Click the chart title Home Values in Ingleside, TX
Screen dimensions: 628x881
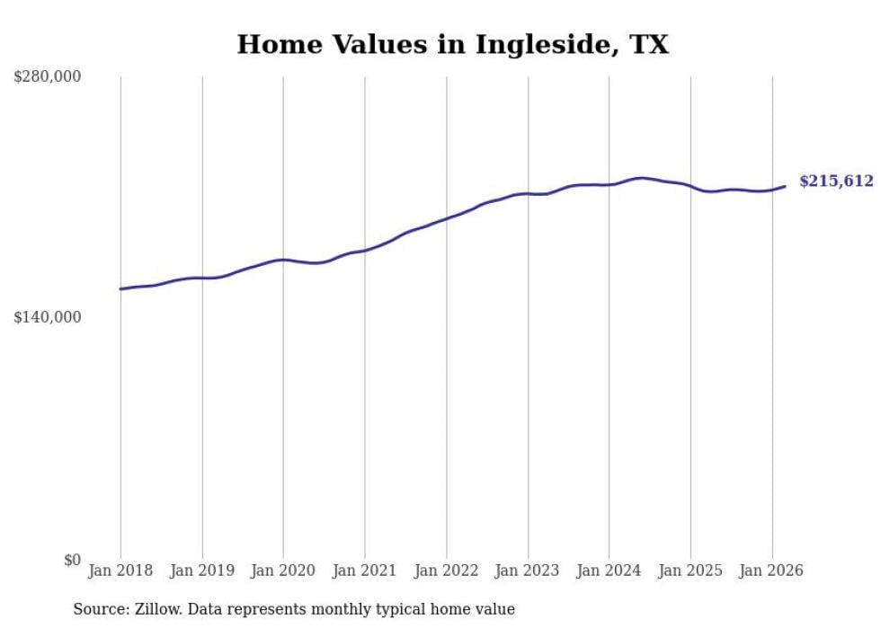tap(452, 44)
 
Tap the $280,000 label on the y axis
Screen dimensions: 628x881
tap(48, 77)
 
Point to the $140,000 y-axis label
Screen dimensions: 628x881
tap(48, 317)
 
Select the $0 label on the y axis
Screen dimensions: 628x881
tap(72, 560)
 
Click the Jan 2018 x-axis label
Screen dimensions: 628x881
tap(120, 571)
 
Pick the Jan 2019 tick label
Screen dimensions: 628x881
tap(202, 571)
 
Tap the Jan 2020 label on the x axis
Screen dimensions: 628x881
tap(283, 571)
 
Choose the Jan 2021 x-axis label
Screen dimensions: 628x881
tap(365, 571)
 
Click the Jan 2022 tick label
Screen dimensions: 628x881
tap(446, 571)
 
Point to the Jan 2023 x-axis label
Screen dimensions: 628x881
tap(528, 571)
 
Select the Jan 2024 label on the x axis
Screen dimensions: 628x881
tap(609, 571)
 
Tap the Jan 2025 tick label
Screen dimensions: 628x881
tap(690, 571)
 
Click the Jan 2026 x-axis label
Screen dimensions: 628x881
tap(771, 571)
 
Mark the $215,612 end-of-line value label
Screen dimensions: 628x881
tap(836, 181)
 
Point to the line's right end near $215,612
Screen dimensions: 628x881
tap(785, 186)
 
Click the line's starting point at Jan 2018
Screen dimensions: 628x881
tap(120, 288)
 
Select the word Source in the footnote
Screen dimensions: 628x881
tap(97, 609)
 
